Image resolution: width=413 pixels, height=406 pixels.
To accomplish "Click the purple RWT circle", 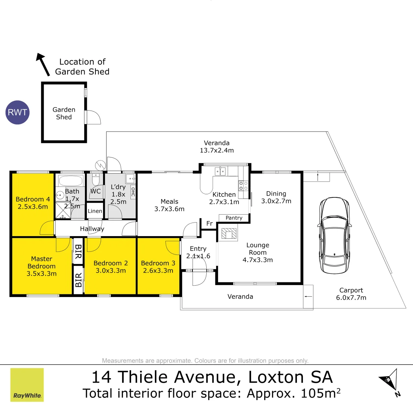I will click(x=18, y=112).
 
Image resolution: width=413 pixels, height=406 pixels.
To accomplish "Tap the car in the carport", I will click(x=335, y=236).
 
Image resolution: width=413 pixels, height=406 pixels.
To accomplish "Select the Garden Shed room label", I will click(x=64, y=113).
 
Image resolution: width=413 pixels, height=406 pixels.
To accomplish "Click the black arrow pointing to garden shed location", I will click(x=43, y=64).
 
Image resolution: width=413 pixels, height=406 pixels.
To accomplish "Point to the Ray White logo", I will click(x=27, y=385).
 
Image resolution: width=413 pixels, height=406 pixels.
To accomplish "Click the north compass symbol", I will click(x=389, y=382).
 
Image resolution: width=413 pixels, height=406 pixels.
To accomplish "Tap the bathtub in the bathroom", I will click(x=71, y=180).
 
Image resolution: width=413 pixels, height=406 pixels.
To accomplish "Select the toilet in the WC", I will click(x=96, y=180).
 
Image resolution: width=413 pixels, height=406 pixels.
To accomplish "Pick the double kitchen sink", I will click(x=220, y=172).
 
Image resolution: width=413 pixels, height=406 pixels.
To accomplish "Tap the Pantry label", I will click(x=234, y=218).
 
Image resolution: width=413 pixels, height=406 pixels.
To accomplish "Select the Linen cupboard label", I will click(x=95, y=211).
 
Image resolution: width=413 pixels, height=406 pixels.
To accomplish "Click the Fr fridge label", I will click(x=209, y=224).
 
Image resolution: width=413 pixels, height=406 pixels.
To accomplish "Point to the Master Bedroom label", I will click(x=41, y=262).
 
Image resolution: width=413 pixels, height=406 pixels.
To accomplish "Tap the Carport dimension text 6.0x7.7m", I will click(x=351, y=298).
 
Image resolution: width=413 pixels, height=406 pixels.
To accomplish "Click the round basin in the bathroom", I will click(x=60, y=195).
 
